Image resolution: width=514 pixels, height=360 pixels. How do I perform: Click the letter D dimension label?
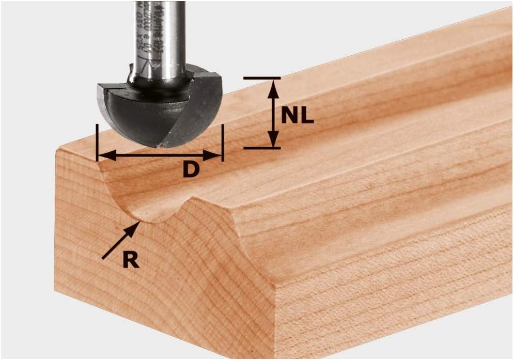pyautogui.click(x=191, y=169)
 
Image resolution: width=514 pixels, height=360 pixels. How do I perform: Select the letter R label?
pyautogui.click(x=131, y=260)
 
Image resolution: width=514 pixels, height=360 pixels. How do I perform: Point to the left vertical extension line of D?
pyautogui.click(x=97, y=143)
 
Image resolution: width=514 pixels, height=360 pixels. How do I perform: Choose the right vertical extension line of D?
pyautogui.click(x=223, y=143)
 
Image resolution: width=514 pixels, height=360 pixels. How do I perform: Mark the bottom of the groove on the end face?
pyautogui.click(x=150, y=219)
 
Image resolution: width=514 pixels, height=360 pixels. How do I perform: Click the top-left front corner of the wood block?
pyautogui.click(x=57, y=150)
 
